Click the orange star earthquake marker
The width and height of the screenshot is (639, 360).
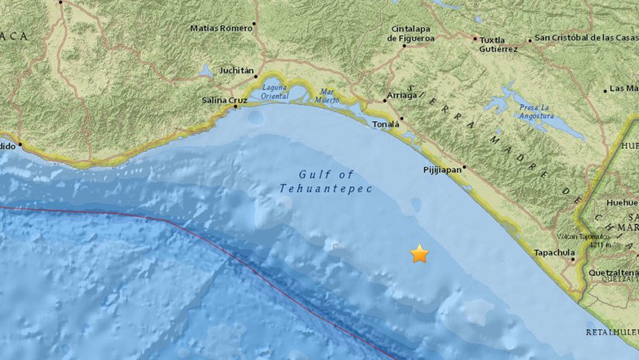coord(420,254)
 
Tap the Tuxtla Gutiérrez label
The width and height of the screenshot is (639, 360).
coord(498,43)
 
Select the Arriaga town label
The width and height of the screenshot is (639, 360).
coord(401,95)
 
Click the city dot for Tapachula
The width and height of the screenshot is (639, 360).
coord(573,260)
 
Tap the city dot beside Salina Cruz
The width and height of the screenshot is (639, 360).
coord(236,106)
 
